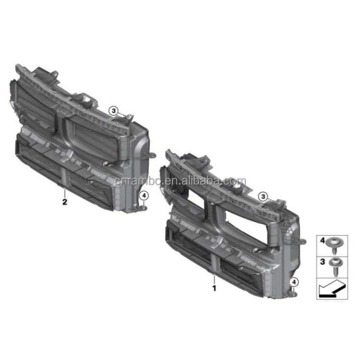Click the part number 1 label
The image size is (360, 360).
[x=214, y=288]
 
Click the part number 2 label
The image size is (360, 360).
[x=65, y=202]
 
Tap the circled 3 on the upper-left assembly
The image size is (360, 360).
[x=114, y=111]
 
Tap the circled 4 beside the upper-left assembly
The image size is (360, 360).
[x=144, y=196]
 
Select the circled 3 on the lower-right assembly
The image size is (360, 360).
[x=263, y=196]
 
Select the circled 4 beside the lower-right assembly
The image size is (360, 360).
[x=294, y=282]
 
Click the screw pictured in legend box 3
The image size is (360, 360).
[x=336, y=266]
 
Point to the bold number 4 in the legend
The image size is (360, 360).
[x=323, y=240]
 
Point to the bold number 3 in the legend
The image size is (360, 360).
[x=323, y=262]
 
